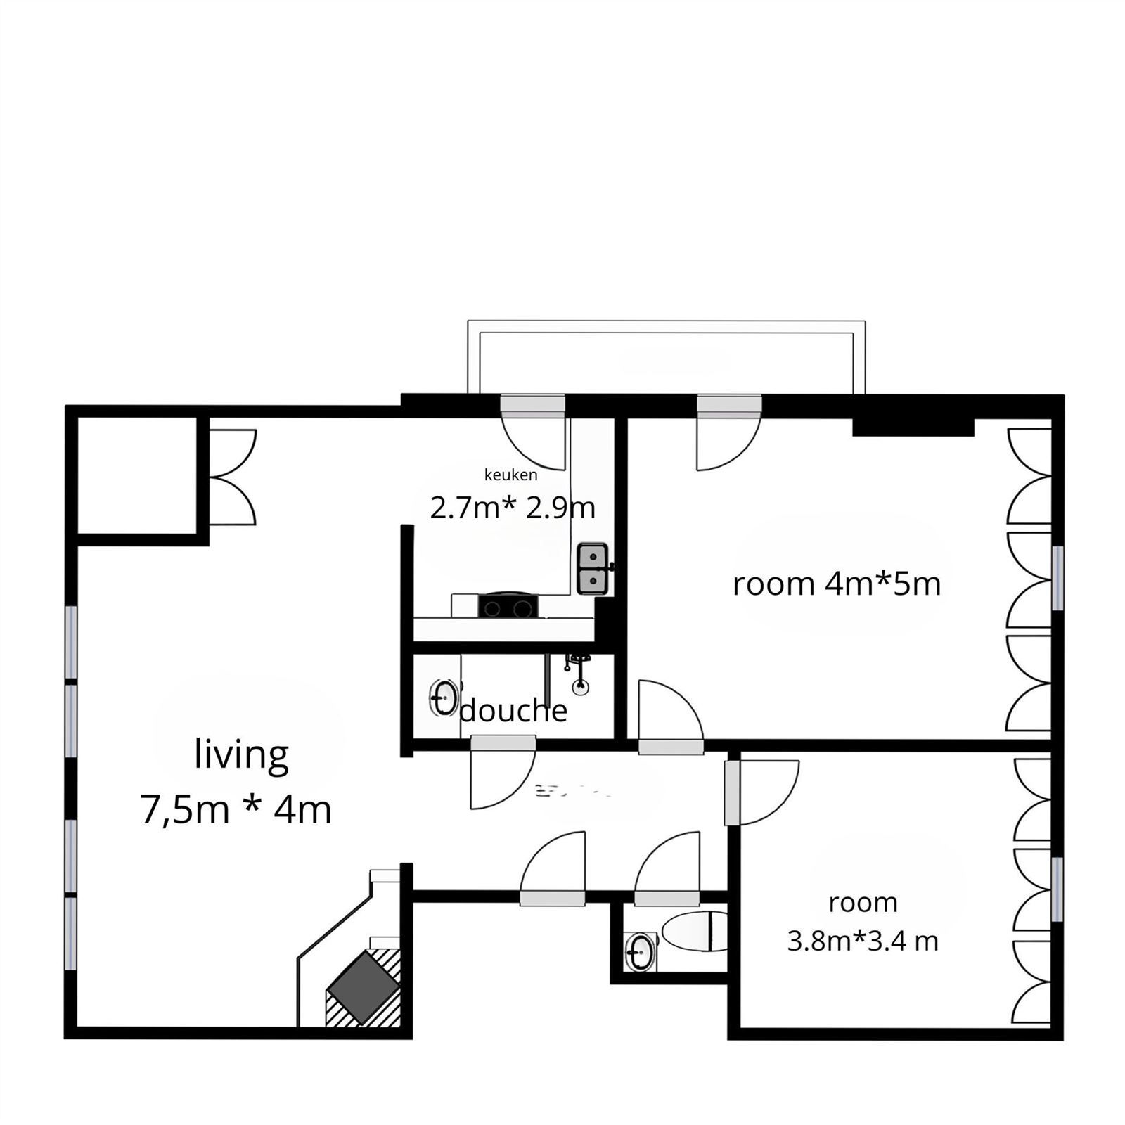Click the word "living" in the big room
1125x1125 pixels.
[241, 756]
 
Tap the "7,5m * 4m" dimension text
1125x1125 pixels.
[236, 810]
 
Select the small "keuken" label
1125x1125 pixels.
[511, 475]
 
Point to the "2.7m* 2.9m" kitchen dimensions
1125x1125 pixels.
[513, 508]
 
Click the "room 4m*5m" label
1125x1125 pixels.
[837, 584]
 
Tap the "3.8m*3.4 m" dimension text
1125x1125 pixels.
[863, 941]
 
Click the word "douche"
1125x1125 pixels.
[513, 711]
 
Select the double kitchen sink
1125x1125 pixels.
[593, 568]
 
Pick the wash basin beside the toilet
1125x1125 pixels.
[640, 952]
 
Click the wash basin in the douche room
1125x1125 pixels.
[443, 697]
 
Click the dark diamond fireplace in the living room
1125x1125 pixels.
[363, 985]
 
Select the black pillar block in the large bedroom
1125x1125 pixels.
[913, 426]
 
